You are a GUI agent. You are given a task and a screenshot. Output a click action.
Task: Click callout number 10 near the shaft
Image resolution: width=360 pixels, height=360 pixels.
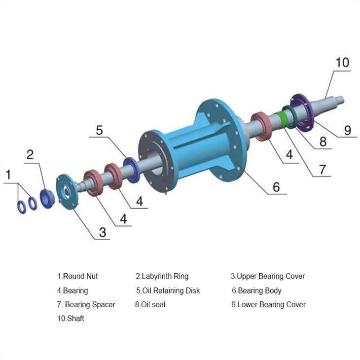click(x=342, y=63)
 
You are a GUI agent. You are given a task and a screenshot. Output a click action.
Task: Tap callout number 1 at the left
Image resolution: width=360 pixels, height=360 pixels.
click(x=7, y=175)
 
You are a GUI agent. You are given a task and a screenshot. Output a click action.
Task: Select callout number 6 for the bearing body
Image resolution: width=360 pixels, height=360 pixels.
click(x=276, y=186)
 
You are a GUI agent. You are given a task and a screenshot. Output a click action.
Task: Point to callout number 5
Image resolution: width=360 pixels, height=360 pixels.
click(x=100, y=130)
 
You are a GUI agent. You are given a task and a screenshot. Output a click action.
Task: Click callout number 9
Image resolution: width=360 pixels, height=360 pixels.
click(x=348, y=130)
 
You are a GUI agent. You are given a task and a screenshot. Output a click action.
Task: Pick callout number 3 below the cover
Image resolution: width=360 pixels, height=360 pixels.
click(x=102, y=232)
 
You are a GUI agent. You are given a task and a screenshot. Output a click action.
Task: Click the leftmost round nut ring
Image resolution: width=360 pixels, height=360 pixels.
click(x=22, y=207)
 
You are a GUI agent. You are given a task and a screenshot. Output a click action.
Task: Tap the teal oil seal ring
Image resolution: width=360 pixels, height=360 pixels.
click(x=289, y=116)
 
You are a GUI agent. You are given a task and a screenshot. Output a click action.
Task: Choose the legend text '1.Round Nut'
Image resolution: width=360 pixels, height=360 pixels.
click(x=77, y=276)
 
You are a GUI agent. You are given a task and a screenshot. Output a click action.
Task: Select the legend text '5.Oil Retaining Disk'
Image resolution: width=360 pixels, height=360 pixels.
click(x=168, y=290)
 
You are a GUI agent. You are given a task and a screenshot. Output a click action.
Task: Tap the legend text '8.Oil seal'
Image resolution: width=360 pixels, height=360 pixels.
click(x=150, y=304)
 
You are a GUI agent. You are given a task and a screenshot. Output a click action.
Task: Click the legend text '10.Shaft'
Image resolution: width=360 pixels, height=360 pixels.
click(x=71, y=319)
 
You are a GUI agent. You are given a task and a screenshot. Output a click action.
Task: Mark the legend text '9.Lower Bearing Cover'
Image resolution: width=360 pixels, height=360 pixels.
click(x=268, y=304)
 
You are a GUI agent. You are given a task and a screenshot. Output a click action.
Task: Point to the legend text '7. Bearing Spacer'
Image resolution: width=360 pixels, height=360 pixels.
click(x=86, y=304)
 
